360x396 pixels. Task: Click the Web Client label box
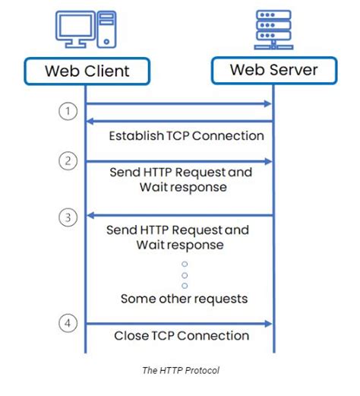coord(87,72)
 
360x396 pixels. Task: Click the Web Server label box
coord(274,70)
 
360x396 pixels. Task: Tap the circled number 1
coord(69,111)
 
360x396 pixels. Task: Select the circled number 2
coord(69,161)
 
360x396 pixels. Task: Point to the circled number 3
coord(69,216)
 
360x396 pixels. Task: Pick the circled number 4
coord(69,323)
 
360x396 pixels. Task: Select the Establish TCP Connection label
coord(186,136)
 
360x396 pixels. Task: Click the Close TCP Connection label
coord(182,335)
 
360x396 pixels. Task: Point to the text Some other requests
coord(184,299)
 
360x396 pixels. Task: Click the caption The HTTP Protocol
coord(180,371)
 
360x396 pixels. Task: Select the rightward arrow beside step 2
coord(179,161)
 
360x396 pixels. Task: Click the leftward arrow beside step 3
coord(179,215)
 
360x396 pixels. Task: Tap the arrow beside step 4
coord(179,324)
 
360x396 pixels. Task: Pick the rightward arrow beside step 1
coord(179,104)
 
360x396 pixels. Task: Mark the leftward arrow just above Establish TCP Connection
coord(179,121)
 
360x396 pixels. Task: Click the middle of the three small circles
coord(184,275)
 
